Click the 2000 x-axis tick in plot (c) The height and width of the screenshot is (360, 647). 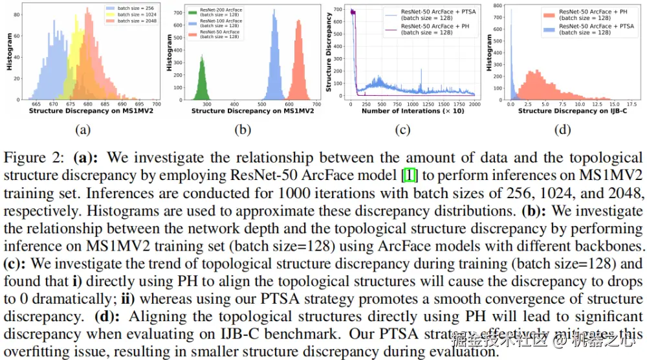point(474,104)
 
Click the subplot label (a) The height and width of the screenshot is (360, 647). point(82,129)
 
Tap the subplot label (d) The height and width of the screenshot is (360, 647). point(562,129)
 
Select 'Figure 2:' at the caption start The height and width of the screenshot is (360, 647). point(36,158)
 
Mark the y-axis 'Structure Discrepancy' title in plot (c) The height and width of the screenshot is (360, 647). point(329,52)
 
